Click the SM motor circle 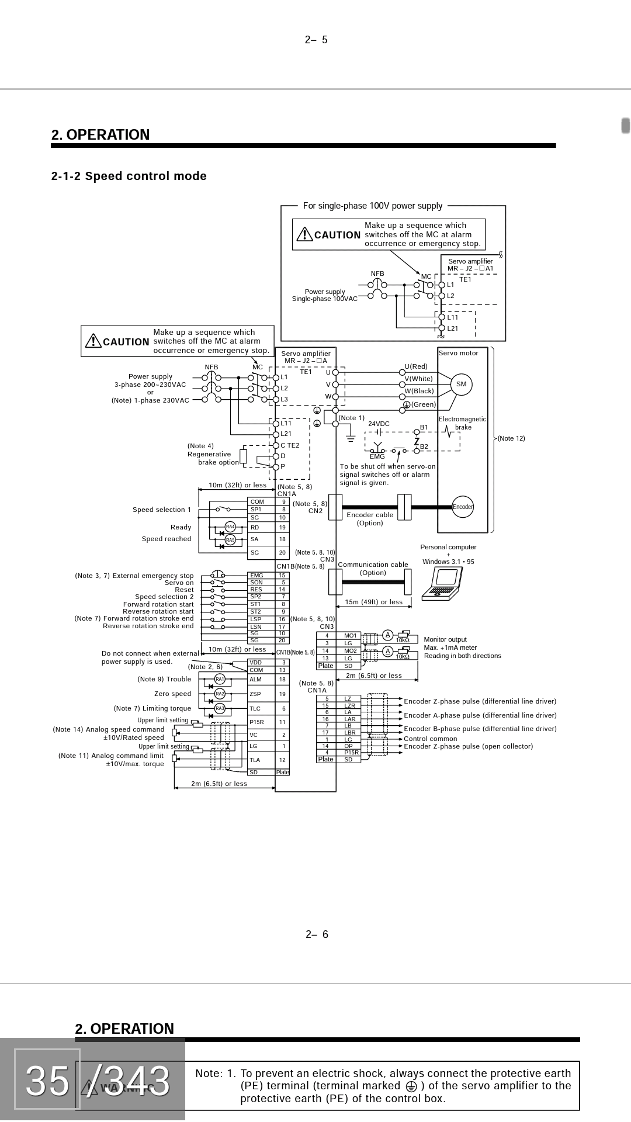[461, 385]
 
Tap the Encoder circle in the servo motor [462, 507]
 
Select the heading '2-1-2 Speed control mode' [129, 176]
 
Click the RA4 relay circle [230, 527]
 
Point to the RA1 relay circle [220, 679]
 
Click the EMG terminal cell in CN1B [257, 576]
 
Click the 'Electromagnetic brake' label [462, 423]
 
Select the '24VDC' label [379, 424]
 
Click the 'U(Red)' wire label [416, 366]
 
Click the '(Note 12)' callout [511, 438]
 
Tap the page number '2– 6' [317, 934]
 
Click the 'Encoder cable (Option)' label [370, 519]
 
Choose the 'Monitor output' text [445, 639]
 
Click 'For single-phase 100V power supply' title [373, 206]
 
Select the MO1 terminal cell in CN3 [350, 635]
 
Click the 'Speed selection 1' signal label [162, 510]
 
